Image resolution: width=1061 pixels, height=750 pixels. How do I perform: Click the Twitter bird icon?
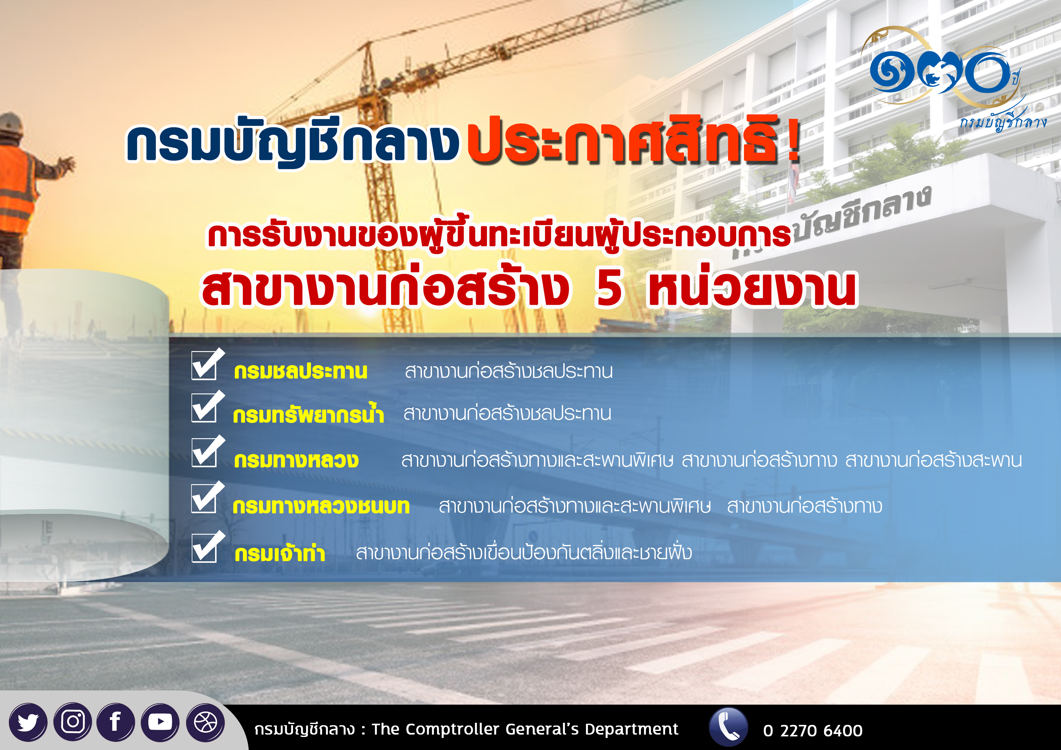[x=28, y=722]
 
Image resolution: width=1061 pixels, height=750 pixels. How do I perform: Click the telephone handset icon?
[x=728, y=726]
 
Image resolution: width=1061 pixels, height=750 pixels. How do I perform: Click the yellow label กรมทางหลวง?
[x=296, y=460]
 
